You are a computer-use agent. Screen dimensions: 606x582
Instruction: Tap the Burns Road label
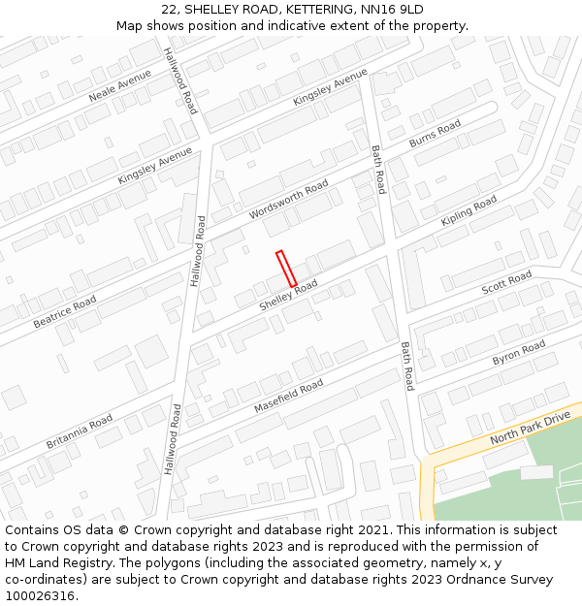(x=436, y=134)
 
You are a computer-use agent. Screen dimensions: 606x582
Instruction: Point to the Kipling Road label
(x=469, y=210)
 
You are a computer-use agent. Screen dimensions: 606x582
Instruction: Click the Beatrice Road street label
(x=65, y=312)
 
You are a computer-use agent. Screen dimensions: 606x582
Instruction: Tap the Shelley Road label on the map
(x=288, y=296)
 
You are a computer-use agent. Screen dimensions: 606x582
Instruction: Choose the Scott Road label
(x=506, y=284)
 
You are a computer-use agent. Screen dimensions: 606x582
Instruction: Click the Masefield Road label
(x=288, y=398)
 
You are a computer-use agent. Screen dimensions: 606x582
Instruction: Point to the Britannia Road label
(x=80, y=431)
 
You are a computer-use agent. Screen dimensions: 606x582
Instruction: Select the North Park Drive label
(x=531, y=427)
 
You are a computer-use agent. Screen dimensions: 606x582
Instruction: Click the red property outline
(x=286, y=269)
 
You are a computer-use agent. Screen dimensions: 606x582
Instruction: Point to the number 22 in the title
(x=170, y=9)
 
